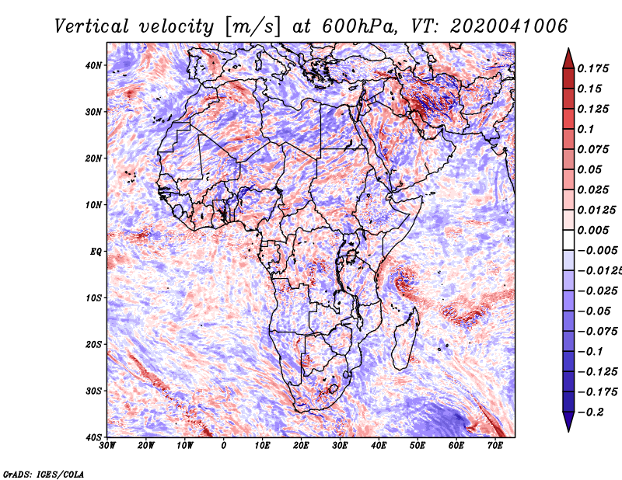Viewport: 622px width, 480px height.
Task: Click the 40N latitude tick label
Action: pos(94,65)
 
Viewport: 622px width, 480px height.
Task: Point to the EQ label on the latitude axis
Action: pos(96,251)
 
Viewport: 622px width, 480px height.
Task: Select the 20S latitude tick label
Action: pos(94,344)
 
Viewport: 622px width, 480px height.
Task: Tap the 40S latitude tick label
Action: pos(94,437)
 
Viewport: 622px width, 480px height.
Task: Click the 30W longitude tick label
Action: pos(107,445)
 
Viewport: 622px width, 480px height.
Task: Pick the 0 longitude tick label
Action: pos(224,445)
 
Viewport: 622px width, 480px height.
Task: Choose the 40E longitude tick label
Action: pos(379,445)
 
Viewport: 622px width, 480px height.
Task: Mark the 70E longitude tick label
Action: pos(495,445)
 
